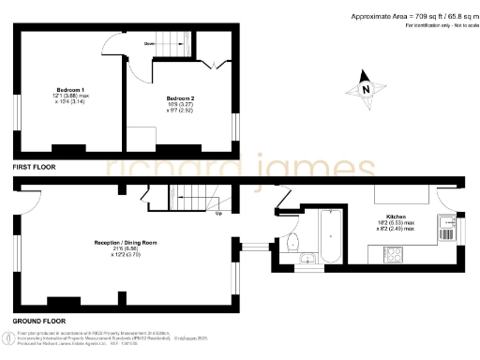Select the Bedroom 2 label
click(179, 97)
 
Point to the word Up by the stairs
click(218, 213)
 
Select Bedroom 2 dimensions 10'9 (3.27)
click(179, 105)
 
